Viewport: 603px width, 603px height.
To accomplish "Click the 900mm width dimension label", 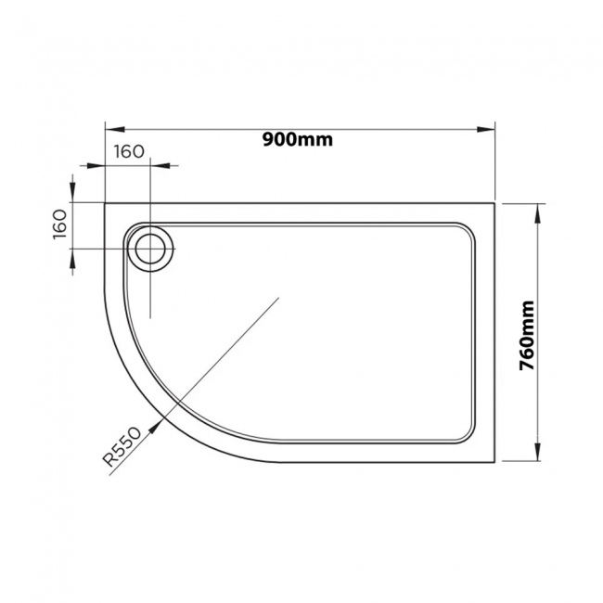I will click(x=297, y=139).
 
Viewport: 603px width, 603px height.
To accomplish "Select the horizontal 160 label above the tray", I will click(x=131, y=152).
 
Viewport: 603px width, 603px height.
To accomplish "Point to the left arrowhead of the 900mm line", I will click(x=109, y=130).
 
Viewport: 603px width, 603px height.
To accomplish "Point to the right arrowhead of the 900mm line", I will click(x=493, y=130).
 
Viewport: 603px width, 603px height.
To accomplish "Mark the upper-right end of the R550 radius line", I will click(x=279, y=298).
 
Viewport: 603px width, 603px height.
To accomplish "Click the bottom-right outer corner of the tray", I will click(x=497, y=461).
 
